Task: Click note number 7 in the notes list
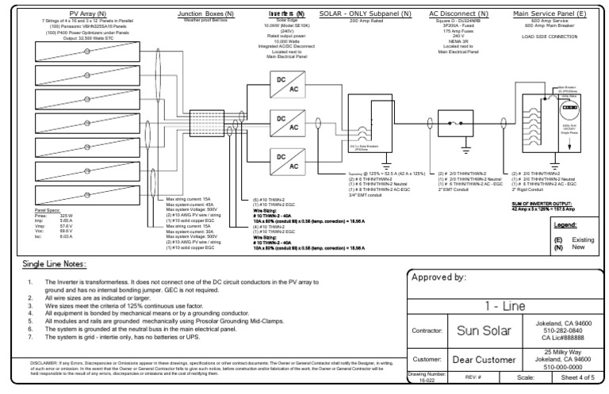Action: tap(29, 338)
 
